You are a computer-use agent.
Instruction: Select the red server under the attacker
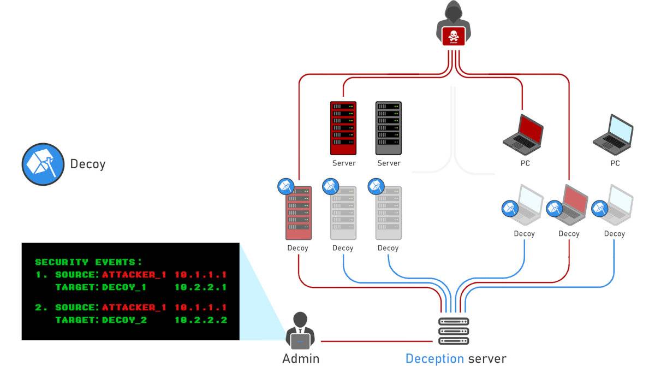coord(343,128)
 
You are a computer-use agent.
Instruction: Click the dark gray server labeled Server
coord(389,128)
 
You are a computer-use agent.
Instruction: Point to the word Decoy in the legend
coord(87,164)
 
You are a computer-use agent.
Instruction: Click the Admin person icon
coord(300,331)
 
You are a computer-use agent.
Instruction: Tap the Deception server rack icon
coord(454,331)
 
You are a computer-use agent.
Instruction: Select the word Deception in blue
coord(433,358)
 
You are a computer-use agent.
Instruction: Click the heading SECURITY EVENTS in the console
coord(88,262)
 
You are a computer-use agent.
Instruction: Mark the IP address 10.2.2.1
coord(200,287)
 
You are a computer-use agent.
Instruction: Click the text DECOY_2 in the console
coord(124,320)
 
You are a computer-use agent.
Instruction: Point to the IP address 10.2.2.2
coord(200,320)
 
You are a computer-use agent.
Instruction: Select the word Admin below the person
coord(301,358)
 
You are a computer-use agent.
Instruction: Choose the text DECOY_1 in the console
coord(124,287)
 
